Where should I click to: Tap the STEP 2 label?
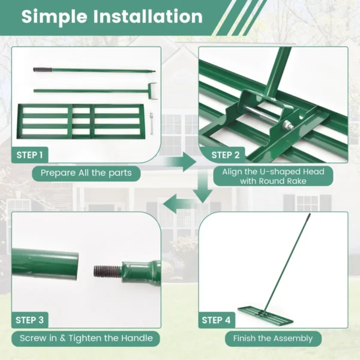pos(226,155)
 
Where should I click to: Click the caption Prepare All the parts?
pos(90,173)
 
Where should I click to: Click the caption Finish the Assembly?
pos(273,338)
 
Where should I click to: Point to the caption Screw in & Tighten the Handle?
pos(86,338)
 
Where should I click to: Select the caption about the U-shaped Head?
pos(273,176)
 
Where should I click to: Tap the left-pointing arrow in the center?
pos(178,203)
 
